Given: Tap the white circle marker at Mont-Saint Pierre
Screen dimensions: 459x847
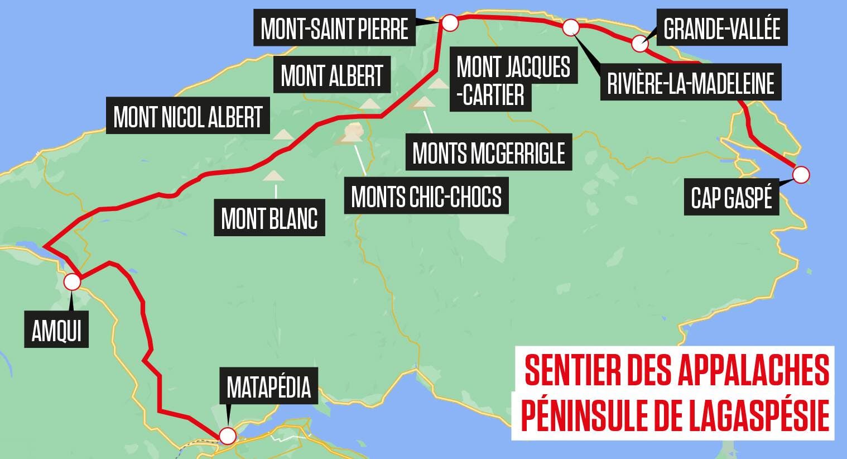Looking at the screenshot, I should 449,23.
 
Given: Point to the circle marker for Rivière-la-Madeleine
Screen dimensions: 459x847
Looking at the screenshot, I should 571,27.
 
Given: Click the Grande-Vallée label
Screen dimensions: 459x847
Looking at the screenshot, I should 722,27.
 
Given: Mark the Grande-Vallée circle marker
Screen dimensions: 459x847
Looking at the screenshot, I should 640,44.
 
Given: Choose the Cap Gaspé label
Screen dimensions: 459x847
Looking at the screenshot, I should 731,197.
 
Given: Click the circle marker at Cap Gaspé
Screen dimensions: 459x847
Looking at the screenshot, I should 801,175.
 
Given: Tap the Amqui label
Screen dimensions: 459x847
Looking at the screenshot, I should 56,331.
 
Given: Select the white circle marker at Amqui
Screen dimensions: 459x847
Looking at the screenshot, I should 72,282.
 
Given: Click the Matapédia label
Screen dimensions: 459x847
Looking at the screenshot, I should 268,386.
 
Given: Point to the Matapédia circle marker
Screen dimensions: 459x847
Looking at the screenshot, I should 227,436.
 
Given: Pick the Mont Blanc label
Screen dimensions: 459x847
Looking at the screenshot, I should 269,218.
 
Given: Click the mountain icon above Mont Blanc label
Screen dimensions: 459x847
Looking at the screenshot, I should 274,176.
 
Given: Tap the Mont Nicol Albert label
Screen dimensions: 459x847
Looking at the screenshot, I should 188,117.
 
